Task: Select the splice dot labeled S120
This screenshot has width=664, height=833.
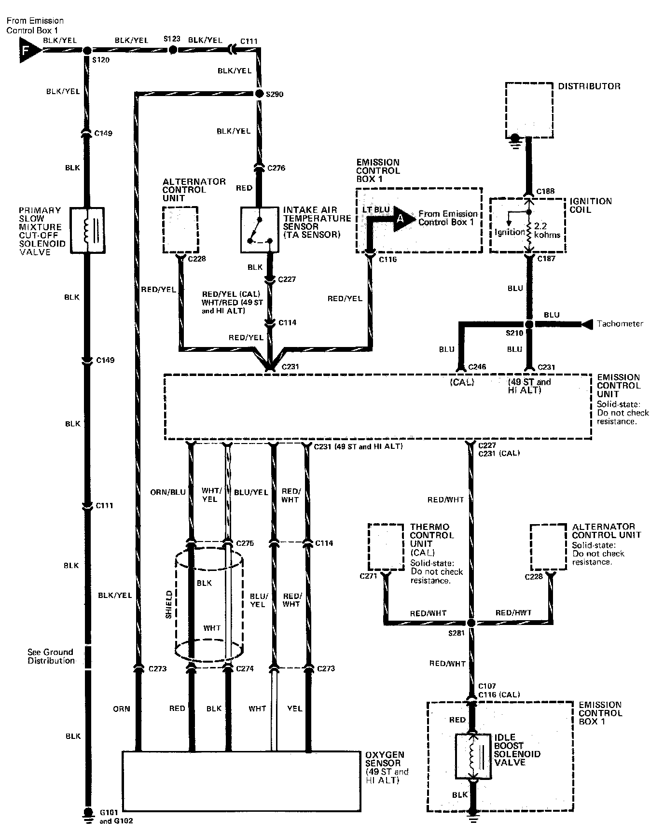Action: point(87,51)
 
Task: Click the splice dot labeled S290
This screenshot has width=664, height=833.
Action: point(259,94)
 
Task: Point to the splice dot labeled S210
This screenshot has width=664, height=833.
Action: point(528,324)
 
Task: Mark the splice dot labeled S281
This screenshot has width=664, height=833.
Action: point(471,623)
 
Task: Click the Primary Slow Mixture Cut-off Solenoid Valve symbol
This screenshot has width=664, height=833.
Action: point(87,230)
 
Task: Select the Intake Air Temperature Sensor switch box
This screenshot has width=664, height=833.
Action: point(260,230)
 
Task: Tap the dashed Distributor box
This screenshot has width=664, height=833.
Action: point(529,110)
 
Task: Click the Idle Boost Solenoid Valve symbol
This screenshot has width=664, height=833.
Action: point(473,756)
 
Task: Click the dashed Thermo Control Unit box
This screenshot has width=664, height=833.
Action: point(386,547)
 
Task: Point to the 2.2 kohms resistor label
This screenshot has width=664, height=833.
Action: point(547,231)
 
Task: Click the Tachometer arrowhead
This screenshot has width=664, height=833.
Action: point(586,324)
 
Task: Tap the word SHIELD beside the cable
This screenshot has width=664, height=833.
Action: point(169,605)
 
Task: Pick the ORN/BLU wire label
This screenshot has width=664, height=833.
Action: point(168,492)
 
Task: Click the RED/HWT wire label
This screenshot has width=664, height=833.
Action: point(513,613)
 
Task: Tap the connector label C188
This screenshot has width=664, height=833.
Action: point(546,191)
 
